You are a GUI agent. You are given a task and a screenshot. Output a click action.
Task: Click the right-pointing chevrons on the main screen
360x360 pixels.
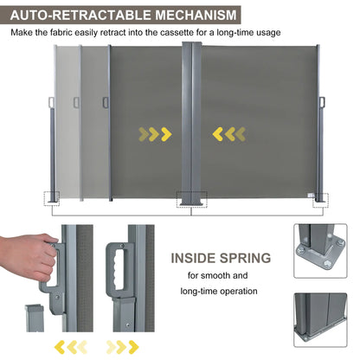(x=153, y=133)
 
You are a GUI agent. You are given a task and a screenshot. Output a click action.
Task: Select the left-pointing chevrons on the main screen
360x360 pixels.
(x=229, y=133)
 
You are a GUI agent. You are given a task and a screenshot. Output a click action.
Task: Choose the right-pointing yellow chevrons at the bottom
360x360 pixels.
(x=122, y=347)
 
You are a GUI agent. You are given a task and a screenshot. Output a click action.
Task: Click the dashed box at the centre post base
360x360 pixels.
(x=192, y=199)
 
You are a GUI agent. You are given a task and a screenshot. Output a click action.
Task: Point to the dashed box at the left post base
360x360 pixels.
(x=54, y=196)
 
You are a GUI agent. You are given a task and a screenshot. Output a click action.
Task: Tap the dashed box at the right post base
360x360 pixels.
(x=323, y=197)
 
